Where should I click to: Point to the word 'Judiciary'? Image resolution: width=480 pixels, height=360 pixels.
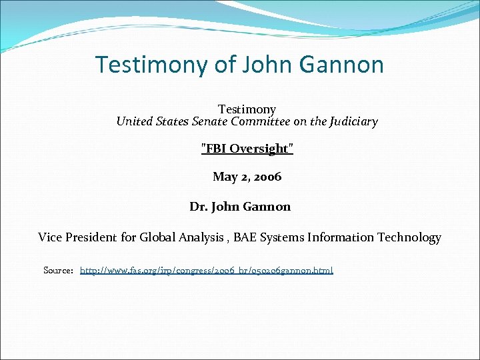353,121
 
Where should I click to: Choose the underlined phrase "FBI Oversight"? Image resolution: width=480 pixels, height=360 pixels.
247,149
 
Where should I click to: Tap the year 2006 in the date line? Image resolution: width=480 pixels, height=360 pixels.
267,177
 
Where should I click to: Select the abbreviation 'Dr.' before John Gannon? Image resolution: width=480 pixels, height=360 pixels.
199,207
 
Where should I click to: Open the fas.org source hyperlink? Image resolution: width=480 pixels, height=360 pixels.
207,270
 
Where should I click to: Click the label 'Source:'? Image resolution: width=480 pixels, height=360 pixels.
58,270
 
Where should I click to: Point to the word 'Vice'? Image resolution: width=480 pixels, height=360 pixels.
50,237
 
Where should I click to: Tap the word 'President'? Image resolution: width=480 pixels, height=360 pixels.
92,237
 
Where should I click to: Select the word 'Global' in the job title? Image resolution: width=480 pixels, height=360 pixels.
158,237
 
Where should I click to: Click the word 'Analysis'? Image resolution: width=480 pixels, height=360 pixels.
203,237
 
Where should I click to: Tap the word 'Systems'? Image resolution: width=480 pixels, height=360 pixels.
283,237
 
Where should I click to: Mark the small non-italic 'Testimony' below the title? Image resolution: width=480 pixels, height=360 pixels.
247,109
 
